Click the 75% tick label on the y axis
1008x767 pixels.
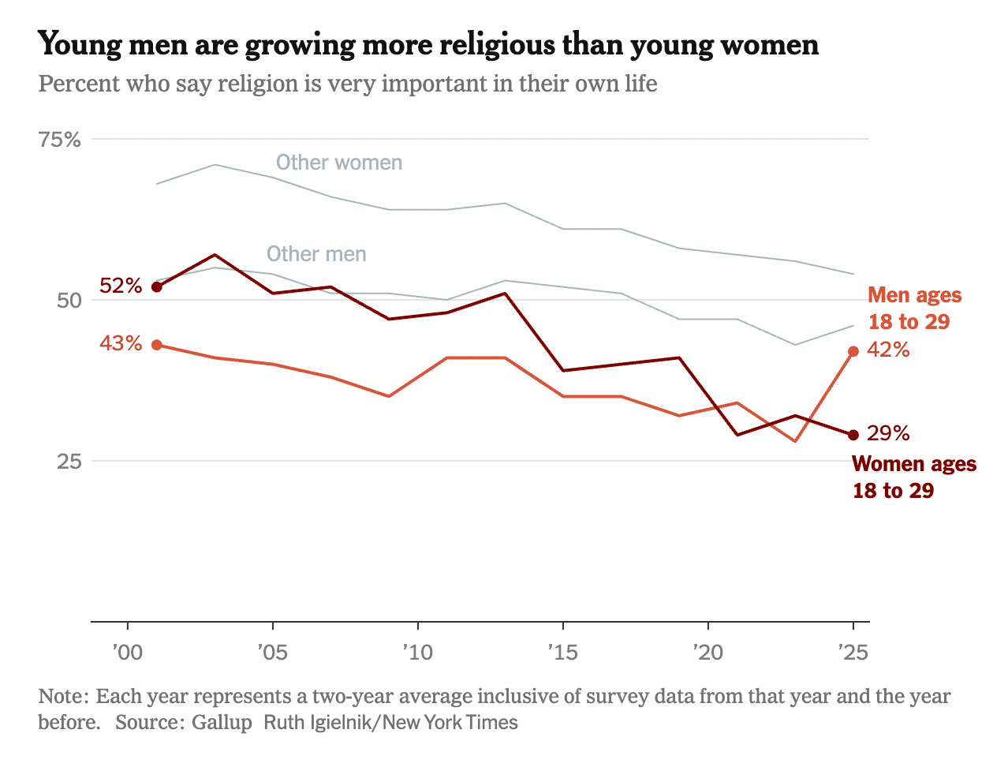pos(60,140)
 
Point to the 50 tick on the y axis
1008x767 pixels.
pos(69,301)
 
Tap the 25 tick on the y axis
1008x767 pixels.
pos(69,461)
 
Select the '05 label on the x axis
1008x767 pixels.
pos(272,653)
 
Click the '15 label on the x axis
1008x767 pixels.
pos(562,653)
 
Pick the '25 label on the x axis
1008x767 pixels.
pos(853,653)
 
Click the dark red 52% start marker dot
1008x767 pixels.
pos(156,286)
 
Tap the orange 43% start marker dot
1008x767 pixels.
pos(156,345)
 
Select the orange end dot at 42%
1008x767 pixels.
pos(853,351)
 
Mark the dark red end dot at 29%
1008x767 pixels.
pos(853,435)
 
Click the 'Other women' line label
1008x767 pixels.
pos(339,163)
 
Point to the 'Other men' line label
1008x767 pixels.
pos(316,254)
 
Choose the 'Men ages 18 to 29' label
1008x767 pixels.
pos(914,309)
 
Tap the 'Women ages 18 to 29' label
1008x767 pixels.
pos(913,477)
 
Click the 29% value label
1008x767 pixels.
pos(888,433)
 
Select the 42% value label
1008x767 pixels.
pos(888,350)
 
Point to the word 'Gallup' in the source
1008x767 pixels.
pos(222,722)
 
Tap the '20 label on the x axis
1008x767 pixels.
pos(707,653)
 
